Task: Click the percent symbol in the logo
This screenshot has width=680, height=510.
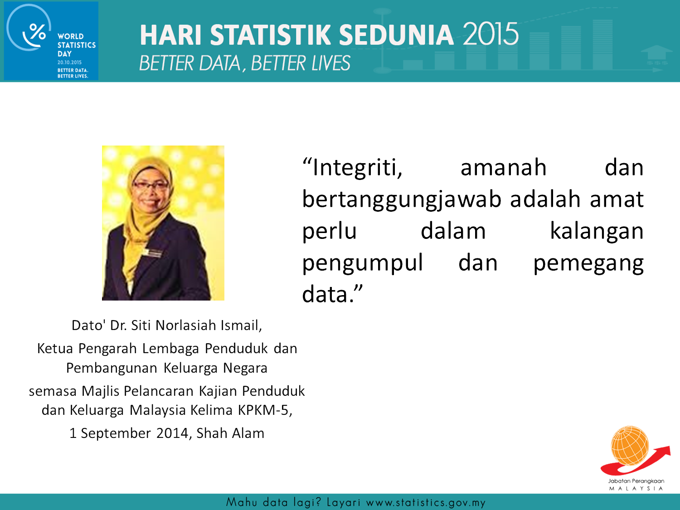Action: (38, 32)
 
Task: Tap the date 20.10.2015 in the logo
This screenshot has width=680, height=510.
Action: (69, 62)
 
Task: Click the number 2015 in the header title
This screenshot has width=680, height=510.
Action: (491, 34)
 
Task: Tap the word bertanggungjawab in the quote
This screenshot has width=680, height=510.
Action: (402, 200)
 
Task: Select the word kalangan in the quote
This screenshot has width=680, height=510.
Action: (597, 232)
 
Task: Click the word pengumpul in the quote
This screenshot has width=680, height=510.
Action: (363, 263)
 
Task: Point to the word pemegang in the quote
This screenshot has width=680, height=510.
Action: (588, 264)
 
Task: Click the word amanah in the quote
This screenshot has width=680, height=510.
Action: (503, 168)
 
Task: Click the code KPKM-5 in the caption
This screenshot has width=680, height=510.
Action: (265, 410)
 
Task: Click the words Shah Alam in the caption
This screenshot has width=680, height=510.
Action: (230, 433)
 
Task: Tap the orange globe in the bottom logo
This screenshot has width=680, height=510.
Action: (630, 446)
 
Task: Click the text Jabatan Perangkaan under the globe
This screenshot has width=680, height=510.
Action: (636, 481)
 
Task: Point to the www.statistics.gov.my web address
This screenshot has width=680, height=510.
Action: (426, 502)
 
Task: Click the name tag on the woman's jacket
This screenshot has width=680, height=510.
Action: (152, 253)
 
